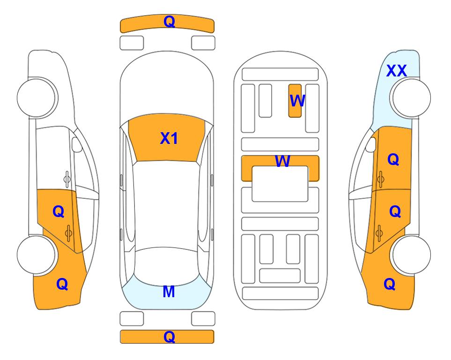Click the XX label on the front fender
[396, 71]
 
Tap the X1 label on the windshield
[169, 138]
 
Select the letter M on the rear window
[169, 292]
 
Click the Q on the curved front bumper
[169, 22]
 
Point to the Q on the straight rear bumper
[169, 337]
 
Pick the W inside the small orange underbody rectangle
[297, 101]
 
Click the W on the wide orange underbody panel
[282, 161]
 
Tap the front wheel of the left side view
[37, 98]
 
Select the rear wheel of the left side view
[37, 255]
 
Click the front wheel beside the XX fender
[411, 98]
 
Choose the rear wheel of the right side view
[411, 255]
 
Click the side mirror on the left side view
[76, 144]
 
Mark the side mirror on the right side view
[371, 144]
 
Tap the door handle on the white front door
[67, 179]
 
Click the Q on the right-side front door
[393, 159]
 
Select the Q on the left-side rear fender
[62, 284]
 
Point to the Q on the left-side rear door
[59, 212]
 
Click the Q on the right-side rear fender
[390, 284]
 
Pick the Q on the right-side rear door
[395, 212]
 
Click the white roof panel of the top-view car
[166, 205]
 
